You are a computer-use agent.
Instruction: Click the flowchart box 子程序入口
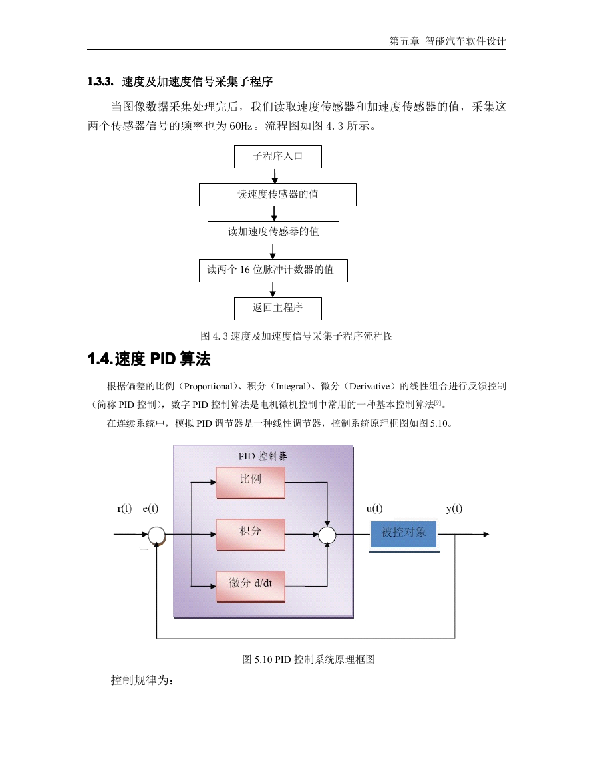tap(278, 157)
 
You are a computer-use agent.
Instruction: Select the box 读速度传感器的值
tap(277, 194)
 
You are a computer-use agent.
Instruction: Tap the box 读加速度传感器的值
tap(273, 232)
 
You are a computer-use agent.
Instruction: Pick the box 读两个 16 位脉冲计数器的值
tap(273, 271)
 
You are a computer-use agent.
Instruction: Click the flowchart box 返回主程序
tap(278, 308)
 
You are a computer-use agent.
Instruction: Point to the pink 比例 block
tap(251, 483)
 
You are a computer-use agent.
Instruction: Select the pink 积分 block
tap(251, 535)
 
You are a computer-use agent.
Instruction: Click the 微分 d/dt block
tap(251, 587)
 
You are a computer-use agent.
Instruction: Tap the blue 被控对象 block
tap(404, 535)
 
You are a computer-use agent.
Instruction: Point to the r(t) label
tap(124, 509)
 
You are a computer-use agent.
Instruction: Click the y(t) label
tap(454, 509)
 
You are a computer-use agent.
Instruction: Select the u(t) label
tap(374, 509)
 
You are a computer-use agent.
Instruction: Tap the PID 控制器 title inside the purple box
tap(263, 456)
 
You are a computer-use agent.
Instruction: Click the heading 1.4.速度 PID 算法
tap(149, 359)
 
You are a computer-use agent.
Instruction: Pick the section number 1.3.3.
tap(100, 81)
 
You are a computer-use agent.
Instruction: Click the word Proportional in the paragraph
tap(208, 386)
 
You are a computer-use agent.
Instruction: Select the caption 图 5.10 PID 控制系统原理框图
tap(309, 660)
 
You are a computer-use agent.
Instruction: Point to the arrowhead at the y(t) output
tap(486, 534)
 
